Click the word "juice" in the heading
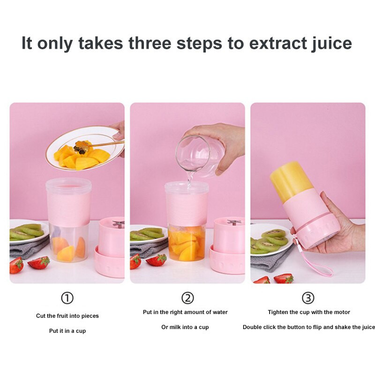point(331,44)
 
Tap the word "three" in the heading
point(150,43)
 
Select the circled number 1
point(67,298)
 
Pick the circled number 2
point(187,298)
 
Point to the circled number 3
point(308,298)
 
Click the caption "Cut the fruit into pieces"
point(67,315)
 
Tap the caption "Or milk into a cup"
point(185,327)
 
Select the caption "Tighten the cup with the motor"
point(309,312)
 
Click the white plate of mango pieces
point(85,148)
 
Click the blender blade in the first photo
point(119,224)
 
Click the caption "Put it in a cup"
point(67,331)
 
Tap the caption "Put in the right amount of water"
point(185,312)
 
